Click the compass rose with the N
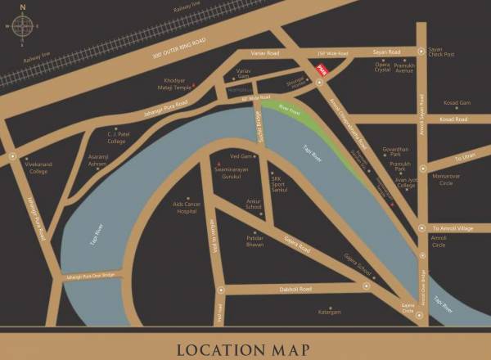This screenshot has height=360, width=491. click(x=22, y=25)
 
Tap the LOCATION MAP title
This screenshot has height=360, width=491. click(x=245, y=350)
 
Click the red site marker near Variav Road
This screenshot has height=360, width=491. click(x=322, y=71)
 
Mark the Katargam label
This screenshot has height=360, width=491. click(x=331, y=311)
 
